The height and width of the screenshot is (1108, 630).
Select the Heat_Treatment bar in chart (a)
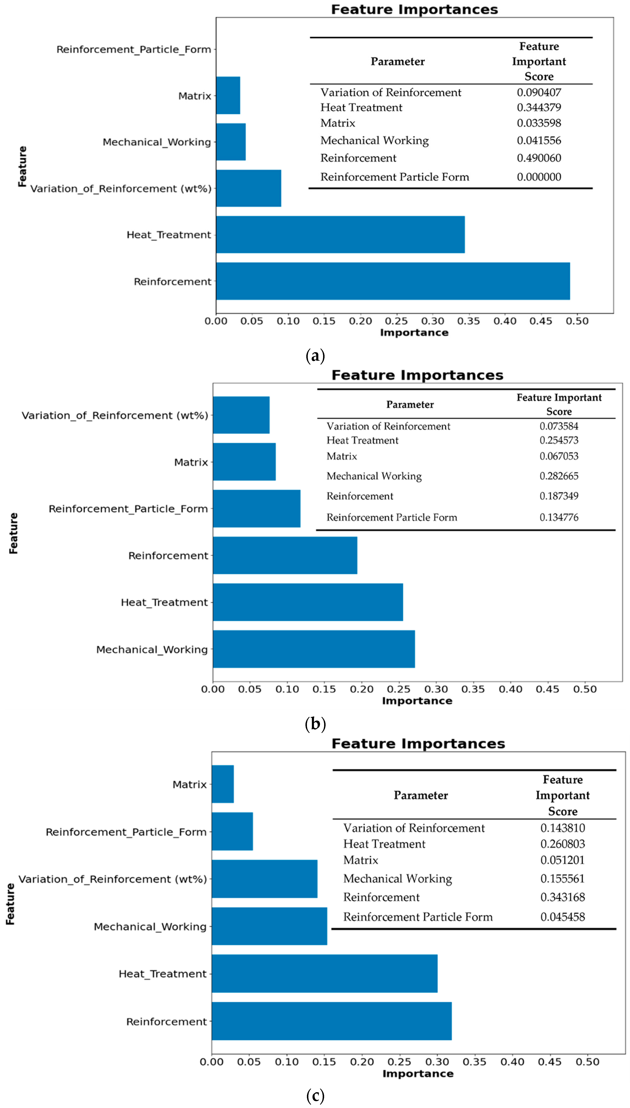tap(340, 235)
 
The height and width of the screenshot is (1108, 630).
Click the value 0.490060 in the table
tap(539, 158)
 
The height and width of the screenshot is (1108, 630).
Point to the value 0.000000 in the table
tap(539, 177)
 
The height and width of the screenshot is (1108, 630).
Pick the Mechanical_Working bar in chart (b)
tap(314, 649)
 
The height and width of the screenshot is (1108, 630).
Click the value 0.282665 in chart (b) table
tap(559, 476)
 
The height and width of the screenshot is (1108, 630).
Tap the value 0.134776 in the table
tap(559, 517)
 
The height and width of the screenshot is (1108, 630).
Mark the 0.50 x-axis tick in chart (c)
tap(587, 1062)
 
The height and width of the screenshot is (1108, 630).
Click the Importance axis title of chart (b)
tap(417, 701)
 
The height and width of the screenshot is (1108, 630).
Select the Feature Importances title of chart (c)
tap(418, 743)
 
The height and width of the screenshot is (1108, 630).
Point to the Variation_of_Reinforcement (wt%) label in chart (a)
tap(121, 189)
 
